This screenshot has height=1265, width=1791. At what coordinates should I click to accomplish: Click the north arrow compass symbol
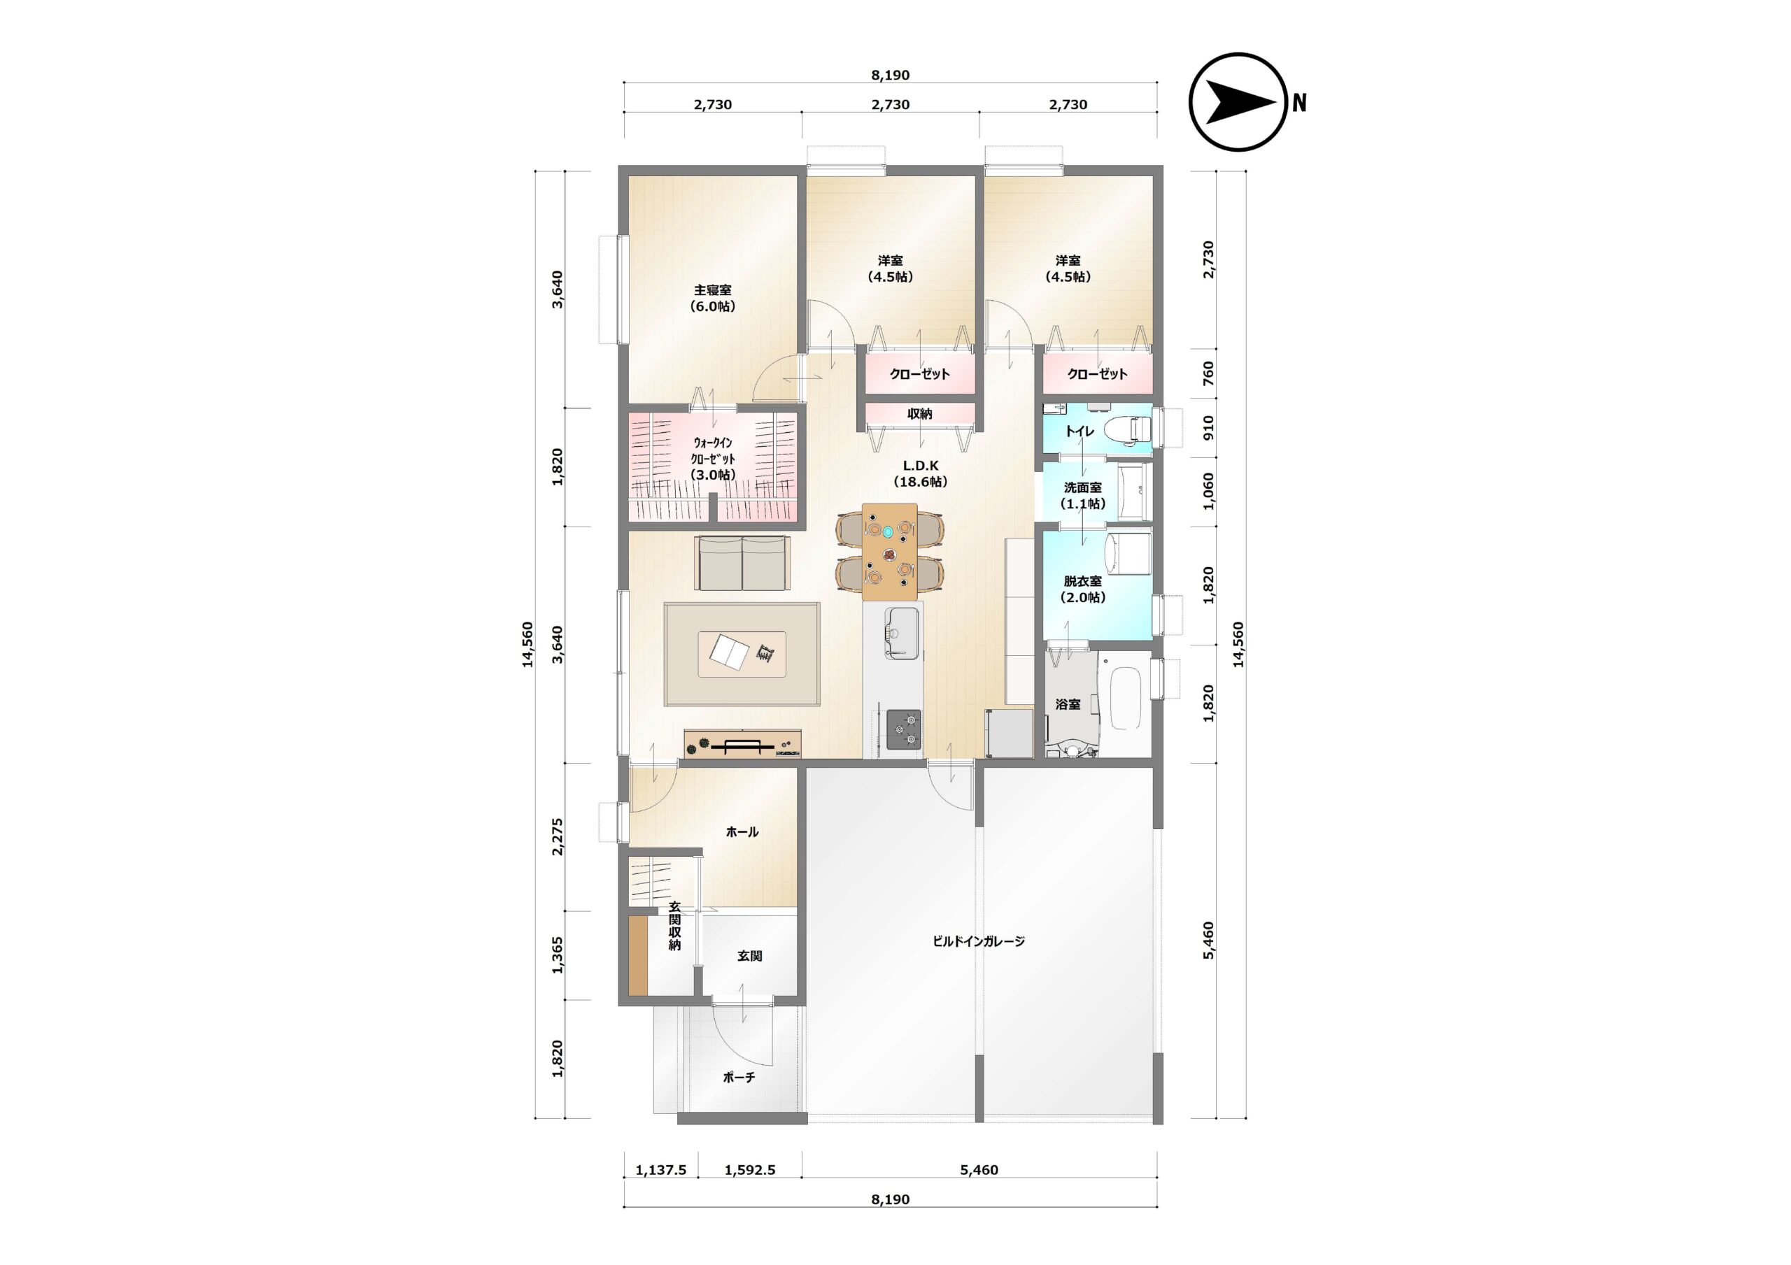pos(1237,102)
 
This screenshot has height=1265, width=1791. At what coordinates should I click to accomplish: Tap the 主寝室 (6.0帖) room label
pos(713,298)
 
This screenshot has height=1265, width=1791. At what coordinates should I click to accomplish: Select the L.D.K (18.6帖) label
pos(921,473)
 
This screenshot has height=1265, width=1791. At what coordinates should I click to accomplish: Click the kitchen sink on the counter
pos(902,631)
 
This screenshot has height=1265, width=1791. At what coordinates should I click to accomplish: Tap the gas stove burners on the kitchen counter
pos(903,729)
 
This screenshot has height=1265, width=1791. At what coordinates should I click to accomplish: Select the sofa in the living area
pos(742,563)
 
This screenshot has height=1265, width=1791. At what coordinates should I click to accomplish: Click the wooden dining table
pos(889,552)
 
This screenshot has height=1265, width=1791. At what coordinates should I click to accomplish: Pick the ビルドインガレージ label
pos(979,941)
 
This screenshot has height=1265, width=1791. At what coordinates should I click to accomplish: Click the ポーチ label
pos(739,1078)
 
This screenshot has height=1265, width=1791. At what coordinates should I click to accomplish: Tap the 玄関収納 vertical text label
pos(674,926)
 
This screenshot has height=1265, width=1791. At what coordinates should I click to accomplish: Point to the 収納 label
pos(920,414)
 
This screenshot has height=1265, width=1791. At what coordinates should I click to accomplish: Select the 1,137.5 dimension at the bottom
pos(660,1170)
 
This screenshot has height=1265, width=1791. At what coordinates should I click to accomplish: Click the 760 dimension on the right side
pos(1208,373)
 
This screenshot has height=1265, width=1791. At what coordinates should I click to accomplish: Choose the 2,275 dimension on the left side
pos(558,837)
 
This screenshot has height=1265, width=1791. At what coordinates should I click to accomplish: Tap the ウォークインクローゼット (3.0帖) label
pos(713,459)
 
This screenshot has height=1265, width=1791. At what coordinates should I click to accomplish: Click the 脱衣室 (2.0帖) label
pos(1083,589)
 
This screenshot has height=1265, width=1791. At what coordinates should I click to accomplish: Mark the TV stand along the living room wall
pos(742,743)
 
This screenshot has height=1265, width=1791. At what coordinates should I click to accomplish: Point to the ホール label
pos(742,832)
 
